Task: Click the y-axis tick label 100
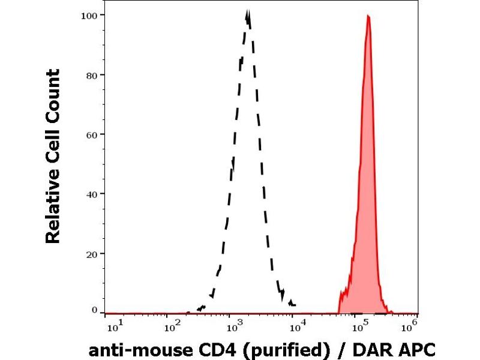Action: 88,14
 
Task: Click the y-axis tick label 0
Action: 94,310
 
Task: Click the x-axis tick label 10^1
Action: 114,326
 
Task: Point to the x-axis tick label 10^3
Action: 234,326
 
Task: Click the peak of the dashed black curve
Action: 248,12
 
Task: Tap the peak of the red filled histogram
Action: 368,16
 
